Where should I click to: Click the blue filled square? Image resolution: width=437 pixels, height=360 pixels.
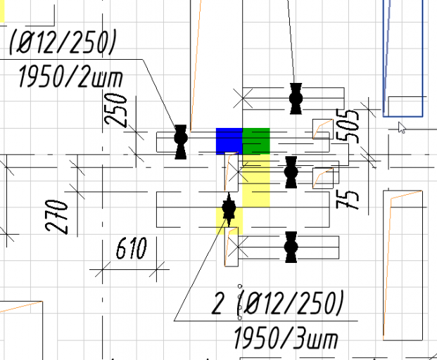point(229,141)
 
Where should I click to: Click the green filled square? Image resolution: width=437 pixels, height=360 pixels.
point(256,141)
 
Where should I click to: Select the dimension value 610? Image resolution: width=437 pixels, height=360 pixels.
point(132,247)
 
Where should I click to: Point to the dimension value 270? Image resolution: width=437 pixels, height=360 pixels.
point(56,216)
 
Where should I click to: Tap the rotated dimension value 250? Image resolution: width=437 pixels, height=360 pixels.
point(115,110)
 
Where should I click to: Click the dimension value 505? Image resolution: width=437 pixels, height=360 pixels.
point(347,125)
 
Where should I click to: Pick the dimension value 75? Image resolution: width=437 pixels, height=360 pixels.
point(347,200)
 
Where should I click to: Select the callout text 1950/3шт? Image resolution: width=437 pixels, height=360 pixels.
point(286,338)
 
